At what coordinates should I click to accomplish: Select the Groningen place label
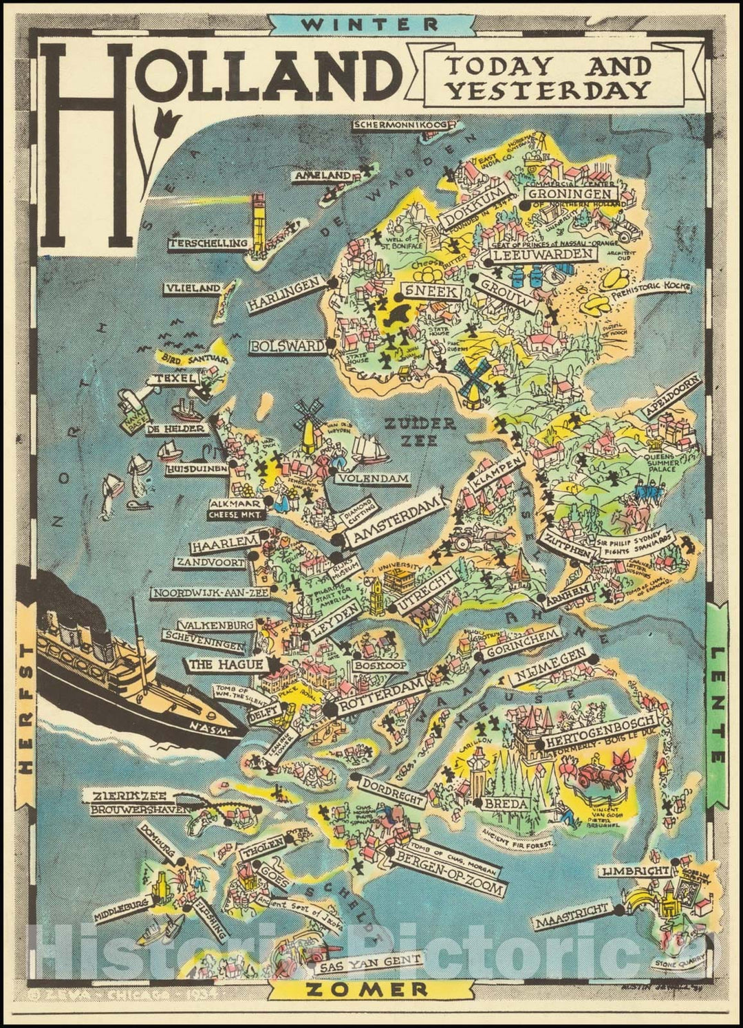[570, 193]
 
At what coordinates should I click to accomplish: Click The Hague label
[226, 664]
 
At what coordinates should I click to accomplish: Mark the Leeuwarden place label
[543, 255]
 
